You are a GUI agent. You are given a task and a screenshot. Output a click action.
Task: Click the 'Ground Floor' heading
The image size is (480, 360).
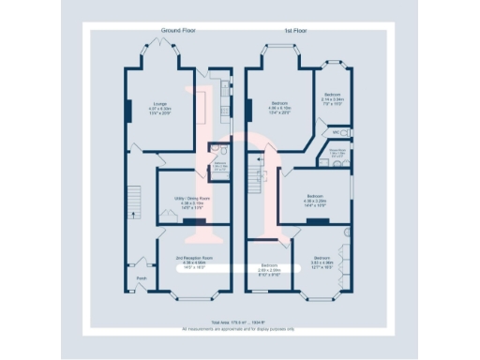(178, 31)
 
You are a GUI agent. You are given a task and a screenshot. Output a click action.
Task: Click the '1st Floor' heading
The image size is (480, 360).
(296, 31)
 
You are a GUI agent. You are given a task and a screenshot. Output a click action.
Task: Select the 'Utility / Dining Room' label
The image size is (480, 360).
(187, 199)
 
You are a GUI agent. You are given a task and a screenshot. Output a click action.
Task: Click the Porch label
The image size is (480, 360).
(142, 278)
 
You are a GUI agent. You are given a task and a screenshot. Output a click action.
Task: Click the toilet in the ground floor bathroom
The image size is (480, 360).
(214, 149)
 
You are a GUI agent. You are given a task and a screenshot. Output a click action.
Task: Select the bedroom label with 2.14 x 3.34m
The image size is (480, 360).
(333, 95)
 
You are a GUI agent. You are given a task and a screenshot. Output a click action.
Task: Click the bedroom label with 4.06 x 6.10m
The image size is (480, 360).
(279, 103)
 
